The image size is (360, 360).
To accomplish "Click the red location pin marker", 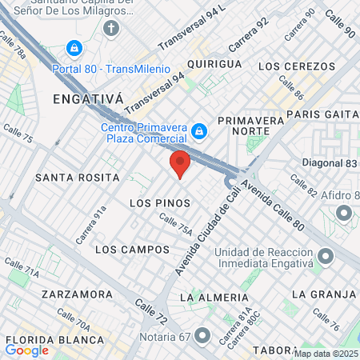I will pos(180,163).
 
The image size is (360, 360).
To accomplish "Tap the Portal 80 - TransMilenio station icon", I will pos(74,49).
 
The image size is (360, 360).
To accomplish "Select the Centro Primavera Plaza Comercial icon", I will pos(199,130).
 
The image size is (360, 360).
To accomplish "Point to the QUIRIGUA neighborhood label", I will pos(214,63).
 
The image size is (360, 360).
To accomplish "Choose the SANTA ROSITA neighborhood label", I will pos(77,177).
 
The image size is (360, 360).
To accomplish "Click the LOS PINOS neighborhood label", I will pos(158,203).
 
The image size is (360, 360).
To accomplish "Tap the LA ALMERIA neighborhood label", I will pos(210,297).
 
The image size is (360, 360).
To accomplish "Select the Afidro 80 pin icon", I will pos(345,213).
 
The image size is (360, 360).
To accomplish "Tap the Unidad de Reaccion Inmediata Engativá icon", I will pos(325,257).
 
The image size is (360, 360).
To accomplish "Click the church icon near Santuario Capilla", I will pos(111,29).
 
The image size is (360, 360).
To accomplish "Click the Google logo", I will pos(27,350).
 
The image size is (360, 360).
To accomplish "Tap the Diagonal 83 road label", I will pos(330,162).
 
